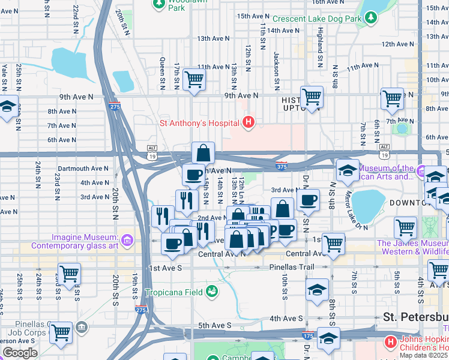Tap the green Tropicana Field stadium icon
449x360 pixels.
(x=211, y=292)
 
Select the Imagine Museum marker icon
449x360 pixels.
(x=127, y=241)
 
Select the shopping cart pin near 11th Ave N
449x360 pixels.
(x=194, y=79)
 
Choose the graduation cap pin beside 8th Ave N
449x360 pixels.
(x=7, y=108)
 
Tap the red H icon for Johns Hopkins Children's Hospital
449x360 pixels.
(x=390, y=342)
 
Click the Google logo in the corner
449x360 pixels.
(x=20, y=353)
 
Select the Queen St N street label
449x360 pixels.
(x=162, y=67)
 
